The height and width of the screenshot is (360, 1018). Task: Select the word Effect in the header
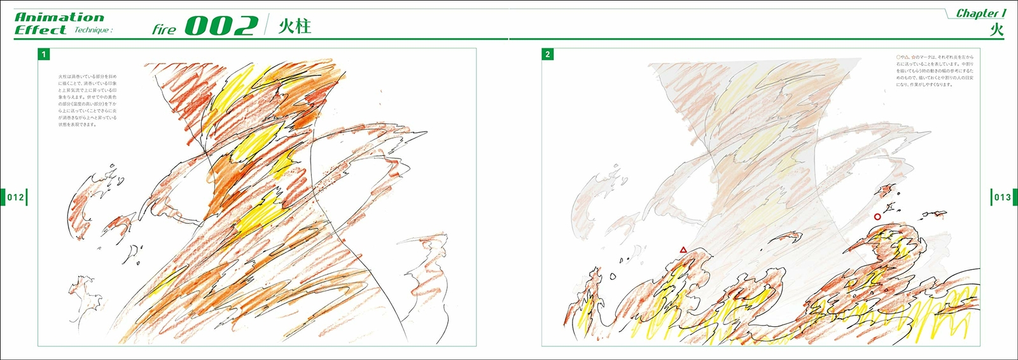click(40, 30)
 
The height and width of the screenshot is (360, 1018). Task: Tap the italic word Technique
click(94, 31)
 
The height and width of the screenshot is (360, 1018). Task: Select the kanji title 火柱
click(295, 27)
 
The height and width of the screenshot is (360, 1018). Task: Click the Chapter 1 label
click(980, 13)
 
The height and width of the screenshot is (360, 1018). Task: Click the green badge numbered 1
click(44, 55)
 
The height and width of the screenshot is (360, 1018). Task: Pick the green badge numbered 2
click(548, 55)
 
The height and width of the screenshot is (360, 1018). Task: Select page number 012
click(15, 197)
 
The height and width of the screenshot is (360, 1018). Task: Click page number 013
click(1002, 197)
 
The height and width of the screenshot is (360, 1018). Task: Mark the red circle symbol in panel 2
click(877, 217)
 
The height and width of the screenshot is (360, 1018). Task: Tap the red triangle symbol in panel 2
click(683, 250)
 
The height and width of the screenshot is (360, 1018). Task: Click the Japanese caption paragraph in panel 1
click(88, 100)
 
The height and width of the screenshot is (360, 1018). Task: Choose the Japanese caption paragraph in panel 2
click(935, 71)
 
